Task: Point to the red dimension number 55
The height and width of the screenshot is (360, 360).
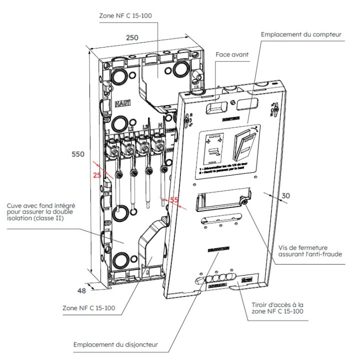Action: pos(174,199)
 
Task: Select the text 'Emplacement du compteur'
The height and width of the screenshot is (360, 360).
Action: pos(301,34)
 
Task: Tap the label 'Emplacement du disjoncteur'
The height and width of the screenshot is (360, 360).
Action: pos(115,345)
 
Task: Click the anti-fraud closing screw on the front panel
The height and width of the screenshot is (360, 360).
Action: pos(243,201)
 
